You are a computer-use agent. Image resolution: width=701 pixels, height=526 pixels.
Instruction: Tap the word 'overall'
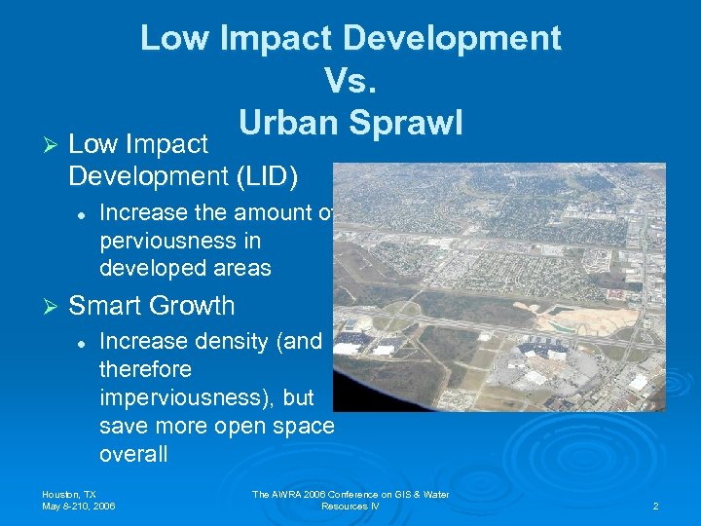point(133,455)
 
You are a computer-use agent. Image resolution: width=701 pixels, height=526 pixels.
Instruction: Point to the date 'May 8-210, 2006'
point(79,507)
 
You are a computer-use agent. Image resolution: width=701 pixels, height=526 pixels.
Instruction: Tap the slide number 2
point(655,507)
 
